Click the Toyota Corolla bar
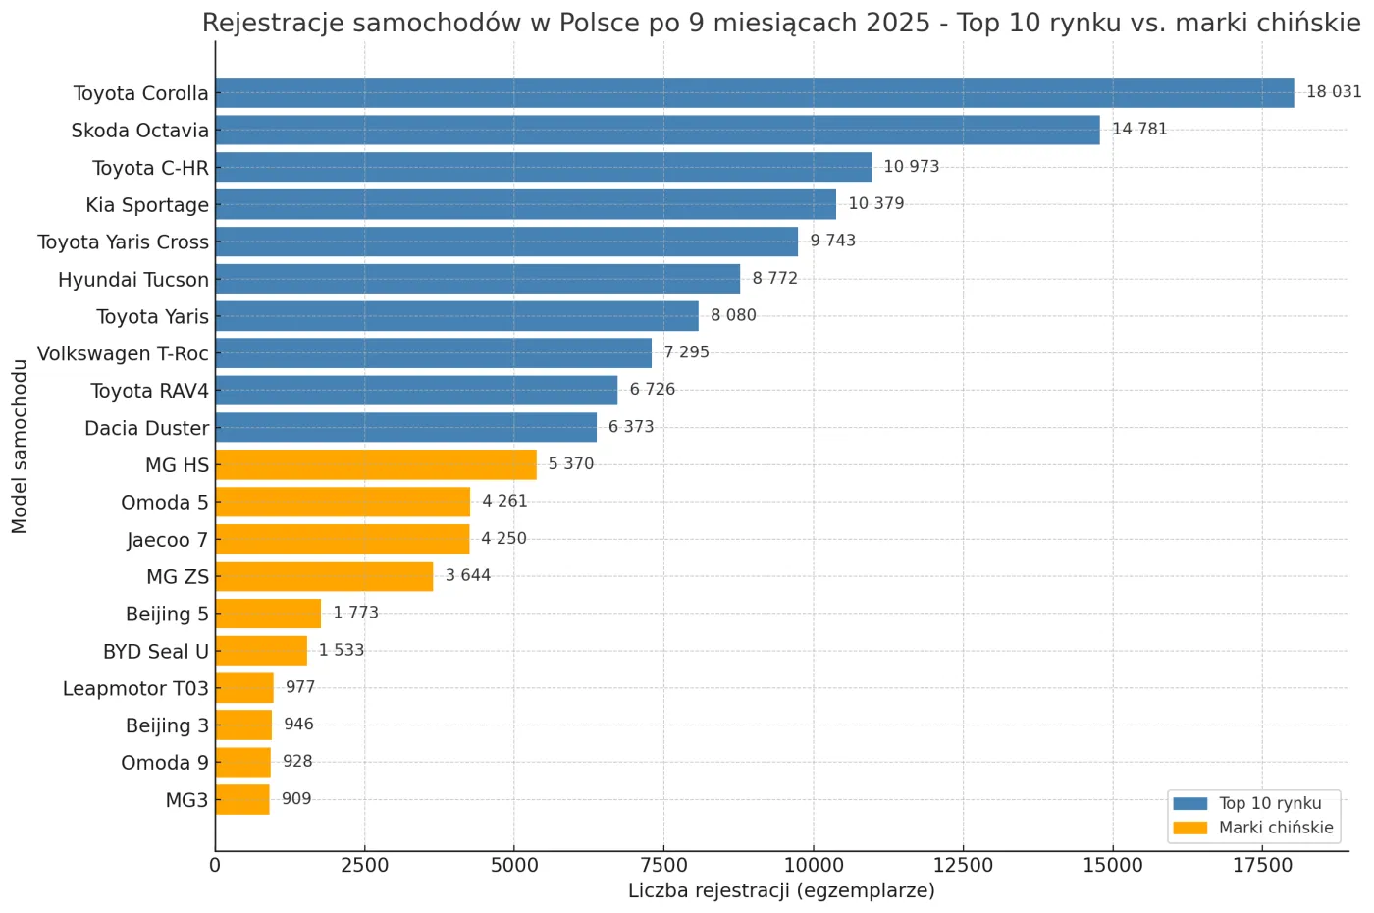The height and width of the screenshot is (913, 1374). click(754, 93)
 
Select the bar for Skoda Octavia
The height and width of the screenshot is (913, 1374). click(657, 131)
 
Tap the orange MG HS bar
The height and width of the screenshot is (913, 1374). click(376, 464)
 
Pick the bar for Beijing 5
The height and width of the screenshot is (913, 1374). click(268, 614)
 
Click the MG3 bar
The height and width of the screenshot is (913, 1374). click(242, 799)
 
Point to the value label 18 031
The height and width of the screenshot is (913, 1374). click(1334, 92)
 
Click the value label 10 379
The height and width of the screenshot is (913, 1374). click(875, 204)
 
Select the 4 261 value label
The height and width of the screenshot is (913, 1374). click(504, 502)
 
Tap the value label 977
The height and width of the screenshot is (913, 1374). click(300, 687)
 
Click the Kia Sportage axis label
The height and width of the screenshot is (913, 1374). click(147, 205)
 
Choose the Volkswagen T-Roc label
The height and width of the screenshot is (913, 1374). click(123, 353)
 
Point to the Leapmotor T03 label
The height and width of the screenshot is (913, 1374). click(135, 689)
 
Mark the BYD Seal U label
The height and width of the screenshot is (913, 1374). click(155, 652)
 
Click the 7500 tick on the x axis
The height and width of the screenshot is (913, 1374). click(663, 865)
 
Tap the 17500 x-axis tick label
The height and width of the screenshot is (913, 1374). click(1262, 865)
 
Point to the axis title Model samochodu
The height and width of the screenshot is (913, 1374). click(20, 447)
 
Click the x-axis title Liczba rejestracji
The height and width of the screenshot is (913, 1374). click(781, 890)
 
